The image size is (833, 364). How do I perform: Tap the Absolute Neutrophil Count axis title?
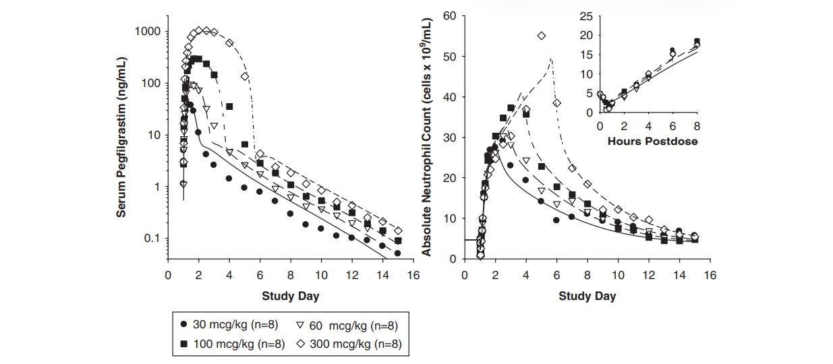tap(427, 150)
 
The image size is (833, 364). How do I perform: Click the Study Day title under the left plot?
tap(291, 296)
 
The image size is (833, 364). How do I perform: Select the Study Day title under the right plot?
tap(587, 296)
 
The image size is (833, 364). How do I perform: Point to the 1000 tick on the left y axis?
tap(146, 32)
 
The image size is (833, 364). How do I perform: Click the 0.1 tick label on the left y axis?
tap(150, 239)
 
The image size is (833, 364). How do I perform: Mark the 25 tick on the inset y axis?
tap(585, 16)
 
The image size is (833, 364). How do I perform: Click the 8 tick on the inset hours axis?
tap(697, 125)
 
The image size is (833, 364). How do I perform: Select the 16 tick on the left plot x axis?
tap(413, 275)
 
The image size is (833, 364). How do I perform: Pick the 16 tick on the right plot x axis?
tap(710, 275)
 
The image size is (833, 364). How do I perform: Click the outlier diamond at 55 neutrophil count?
tap(542, 36)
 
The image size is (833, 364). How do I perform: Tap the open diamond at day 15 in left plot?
tap(398, 231)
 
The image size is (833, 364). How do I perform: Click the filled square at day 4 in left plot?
tap(229, 107)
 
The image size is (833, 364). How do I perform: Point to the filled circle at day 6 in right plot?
tap(556, 220)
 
